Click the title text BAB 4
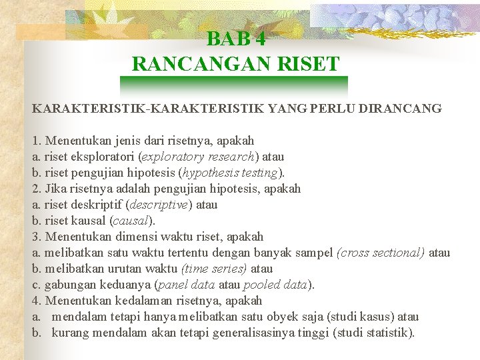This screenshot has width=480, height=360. [x=236, y=39]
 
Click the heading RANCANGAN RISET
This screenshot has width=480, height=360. [x=236, y=65]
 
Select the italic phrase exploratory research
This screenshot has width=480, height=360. [x=211, y=157]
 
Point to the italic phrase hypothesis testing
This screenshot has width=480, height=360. [x=229, y=173]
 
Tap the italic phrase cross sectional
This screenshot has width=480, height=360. [x=381, y=253]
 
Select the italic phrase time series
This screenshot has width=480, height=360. [x=214, y=269]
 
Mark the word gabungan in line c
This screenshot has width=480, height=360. [x=67, y=285]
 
